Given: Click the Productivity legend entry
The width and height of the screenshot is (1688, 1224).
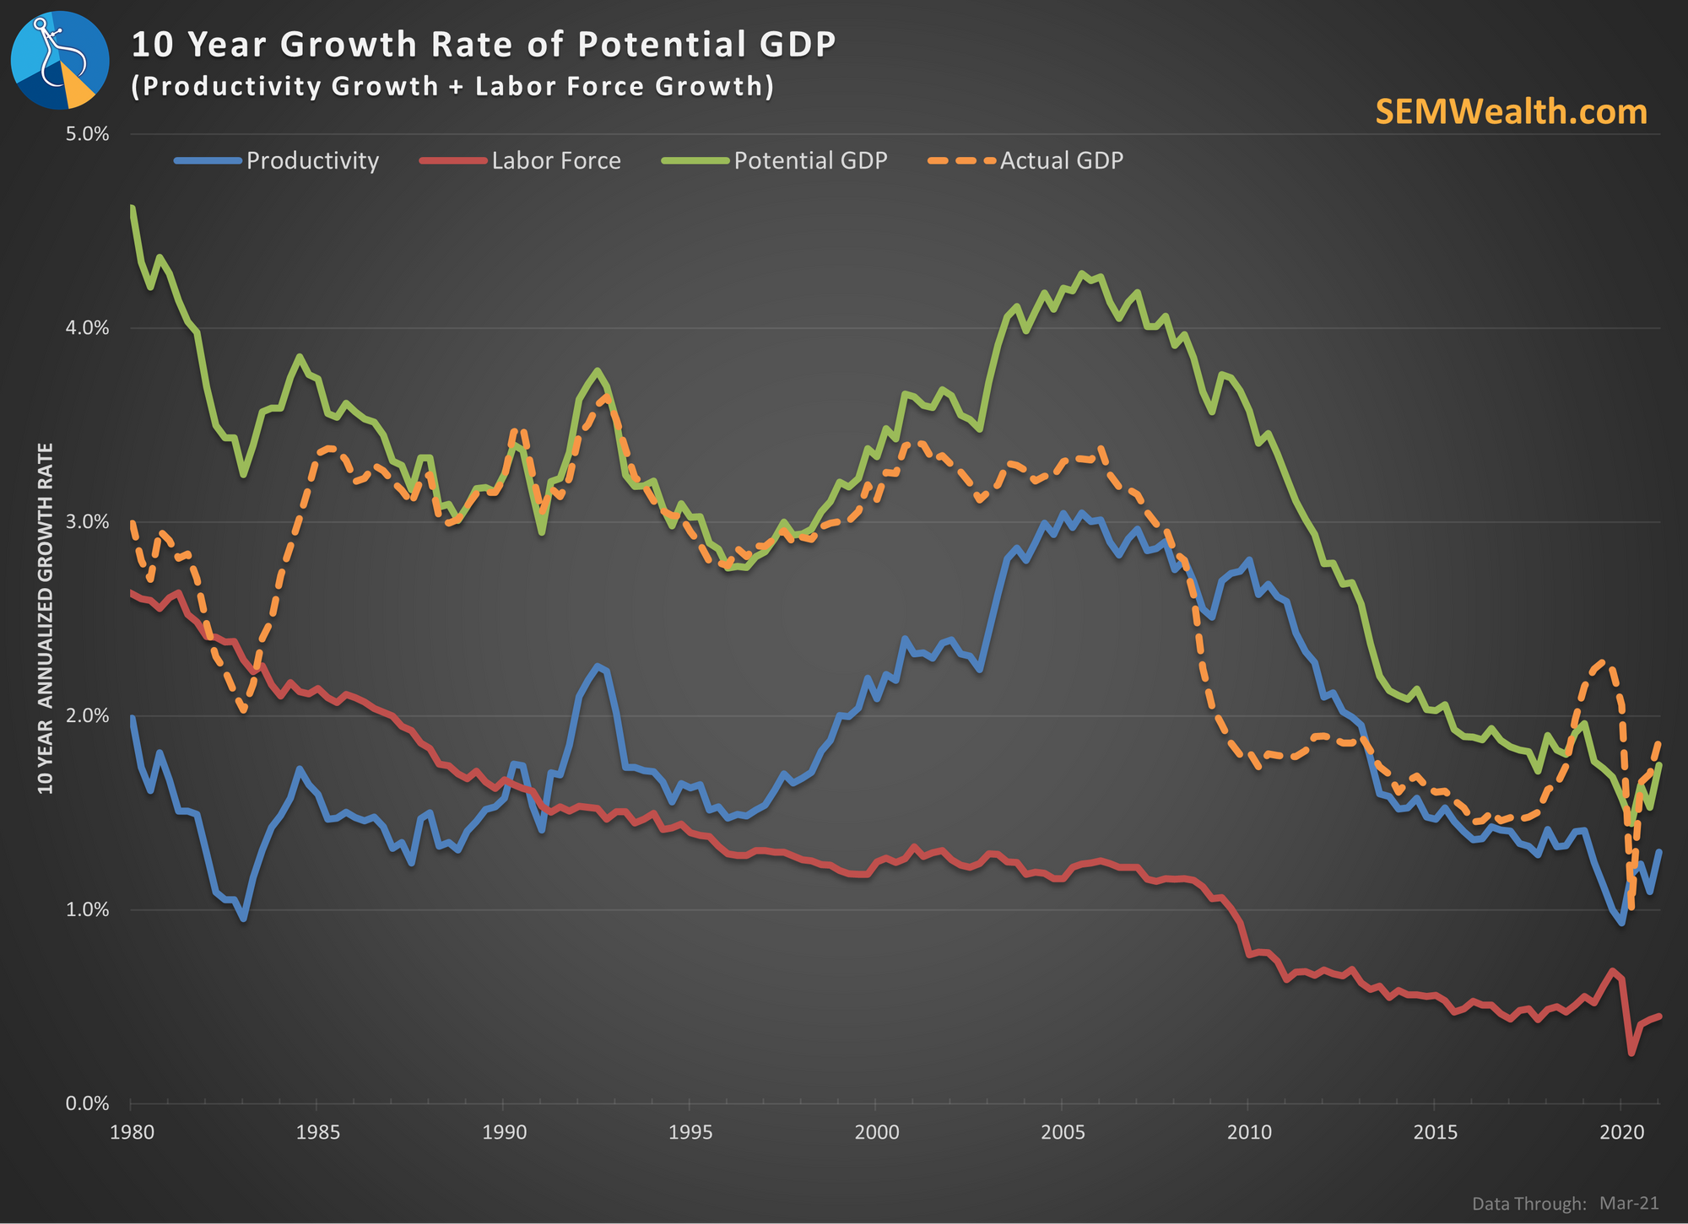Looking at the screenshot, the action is click(x=277, y=160).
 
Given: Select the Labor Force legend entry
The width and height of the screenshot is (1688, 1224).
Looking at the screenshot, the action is click(x=521, y=160).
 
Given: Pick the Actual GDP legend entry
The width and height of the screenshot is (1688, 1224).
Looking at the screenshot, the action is click(x=1025, y=160).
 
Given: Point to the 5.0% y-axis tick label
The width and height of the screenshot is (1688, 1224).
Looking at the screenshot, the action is click(x=86, y=134).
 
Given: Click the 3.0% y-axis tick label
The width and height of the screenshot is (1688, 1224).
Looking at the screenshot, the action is click(x=86, y=522).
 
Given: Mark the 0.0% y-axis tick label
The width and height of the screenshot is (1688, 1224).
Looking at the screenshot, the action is click(x=86, y=1103).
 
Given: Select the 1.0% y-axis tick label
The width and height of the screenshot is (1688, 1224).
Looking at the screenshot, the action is click(x=86, y=909).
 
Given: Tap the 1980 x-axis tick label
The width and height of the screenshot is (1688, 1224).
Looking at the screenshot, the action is click(x=132, y=1132).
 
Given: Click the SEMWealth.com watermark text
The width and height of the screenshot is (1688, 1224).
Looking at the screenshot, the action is click(x=1511, y=112).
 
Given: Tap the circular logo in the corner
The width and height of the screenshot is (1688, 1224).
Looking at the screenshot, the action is click(x=60, y=60).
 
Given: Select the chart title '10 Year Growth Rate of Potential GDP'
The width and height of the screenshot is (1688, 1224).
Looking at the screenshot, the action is click(x=484, y=44).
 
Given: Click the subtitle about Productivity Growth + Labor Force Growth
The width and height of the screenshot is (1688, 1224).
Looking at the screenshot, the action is click(x=452, y=86).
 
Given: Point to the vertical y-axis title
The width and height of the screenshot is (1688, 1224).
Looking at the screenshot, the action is click(x=46, y=618).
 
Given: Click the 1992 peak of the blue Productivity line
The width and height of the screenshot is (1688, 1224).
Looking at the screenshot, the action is click(x=598, y=666).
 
